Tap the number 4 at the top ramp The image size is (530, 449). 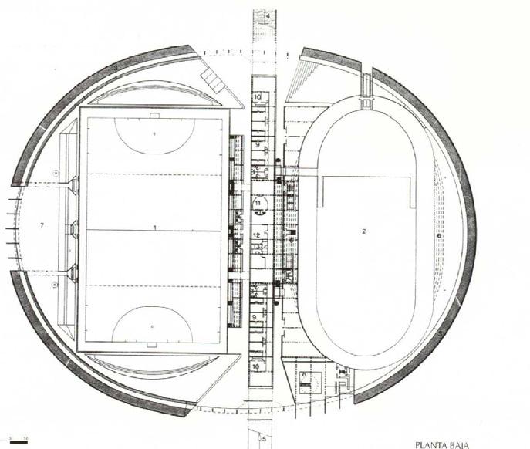coord(267,15)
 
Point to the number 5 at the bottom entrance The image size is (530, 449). coord(264,439)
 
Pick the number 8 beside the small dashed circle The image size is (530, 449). coord(303,374)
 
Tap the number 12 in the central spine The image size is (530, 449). coord(257,234)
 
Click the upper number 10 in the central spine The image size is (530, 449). coord(257,96)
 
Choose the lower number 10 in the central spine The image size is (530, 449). coord(258,366)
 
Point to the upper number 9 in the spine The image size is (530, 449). coord(258,143)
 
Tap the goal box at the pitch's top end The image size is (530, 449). coord(155,116)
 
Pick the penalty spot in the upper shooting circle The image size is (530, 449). coord(154,133)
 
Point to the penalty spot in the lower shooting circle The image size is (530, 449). coord(153,327)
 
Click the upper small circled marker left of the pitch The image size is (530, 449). coord(56,170)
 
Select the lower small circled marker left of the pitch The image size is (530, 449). coord(56,284)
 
